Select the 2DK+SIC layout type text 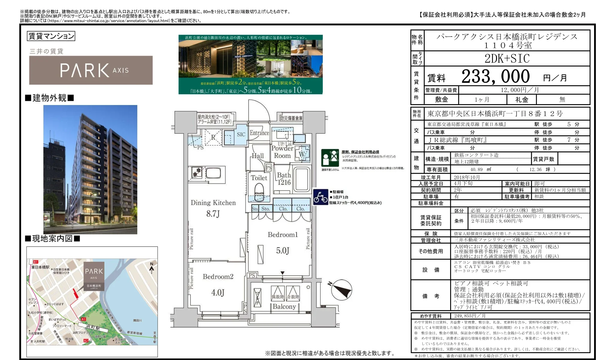(x=507, y=59)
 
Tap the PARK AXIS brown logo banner (x=91, y=70)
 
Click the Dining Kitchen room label (x=213, y=203)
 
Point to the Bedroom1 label (x=283, y=235)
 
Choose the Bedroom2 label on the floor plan (x=218, y=277)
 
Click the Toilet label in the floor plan (x=259, y=178)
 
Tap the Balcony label (x=284, y=306)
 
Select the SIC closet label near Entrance (x=241, y=134)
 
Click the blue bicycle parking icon (x=321, y=197)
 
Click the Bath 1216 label (x=284, y=179)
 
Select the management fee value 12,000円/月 (x=520, y=90)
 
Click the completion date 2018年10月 (x=467, y=177)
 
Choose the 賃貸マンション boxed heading (x=51, y=36)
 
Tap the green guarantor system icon (x=330, y=158)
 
